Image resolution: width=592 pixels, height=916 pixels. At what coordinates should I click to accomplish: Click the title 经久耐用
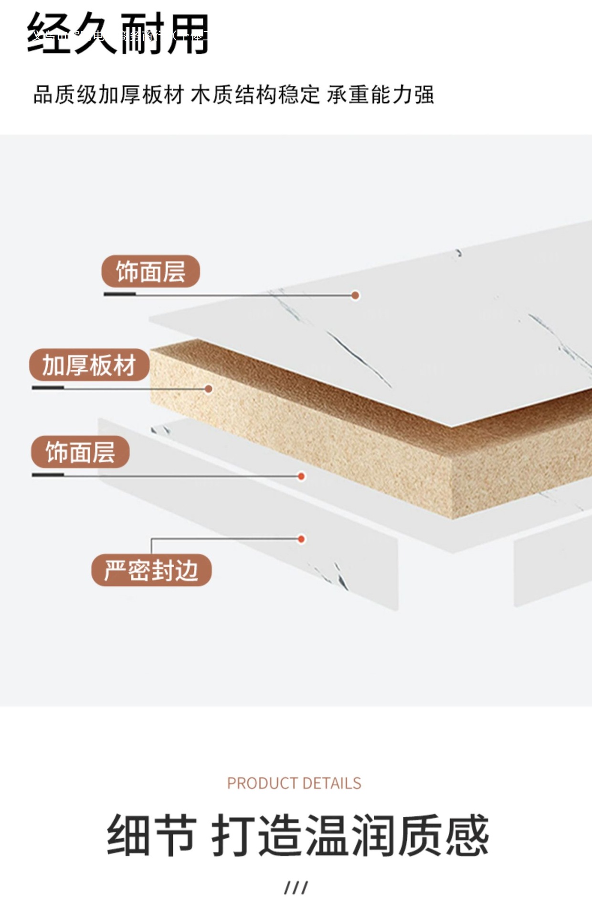click(118, 33)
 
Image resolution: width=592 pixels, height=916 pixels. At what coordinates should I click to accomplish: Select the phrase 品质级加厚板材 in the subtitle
click(108, 94)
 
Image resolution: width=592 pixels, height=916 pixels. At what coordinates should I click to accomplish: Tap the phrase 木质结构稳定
click(255, 94)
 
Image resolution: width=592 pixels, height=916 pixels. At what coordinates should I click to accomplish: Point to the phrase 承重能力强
click(381, 94)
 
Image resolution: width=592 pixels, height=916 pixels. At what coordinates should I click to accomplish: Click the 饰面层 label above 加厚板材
click(150, 271)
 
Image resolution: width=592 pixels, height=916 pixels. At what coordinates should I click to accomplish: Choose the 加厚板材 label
click(89, 365)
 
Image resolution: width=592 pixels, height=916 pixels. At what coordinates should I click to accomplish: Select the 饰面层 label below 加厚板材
click(80, 452)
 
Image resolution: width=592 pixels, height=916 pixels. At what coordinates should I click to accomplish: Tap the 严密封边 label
click(151, 570)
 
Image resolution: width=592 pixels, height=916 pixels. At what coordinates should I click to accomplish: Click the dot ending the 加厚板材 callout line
click(209, 389)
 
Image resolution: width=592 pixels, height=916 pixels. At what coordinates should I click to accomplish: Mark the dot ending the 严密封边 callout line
click(301, 539)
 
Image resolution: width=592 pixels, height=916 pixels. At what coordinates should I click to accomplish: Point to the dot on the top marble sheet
click(355, 295)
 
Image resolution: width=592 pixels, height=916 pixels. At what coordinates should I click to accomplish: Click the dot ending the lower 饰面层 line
click(301, 476)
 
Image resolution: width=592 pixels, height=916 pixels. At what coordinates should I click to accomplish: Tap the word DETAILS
click(332, 783)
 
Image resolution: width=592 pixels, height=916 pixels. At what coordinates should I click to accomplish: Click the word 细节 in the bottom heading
click(151, 836)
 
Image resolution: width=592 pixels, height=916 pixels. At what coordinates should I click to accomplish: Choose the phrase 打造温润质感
click(350, 836)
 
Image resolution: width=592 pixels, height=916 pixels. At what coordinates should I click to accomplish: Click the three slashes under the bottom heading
click(296, 888)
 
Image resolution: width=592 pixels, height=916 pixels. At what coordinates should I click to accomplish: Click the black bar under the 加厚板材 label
click(48, 388)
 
